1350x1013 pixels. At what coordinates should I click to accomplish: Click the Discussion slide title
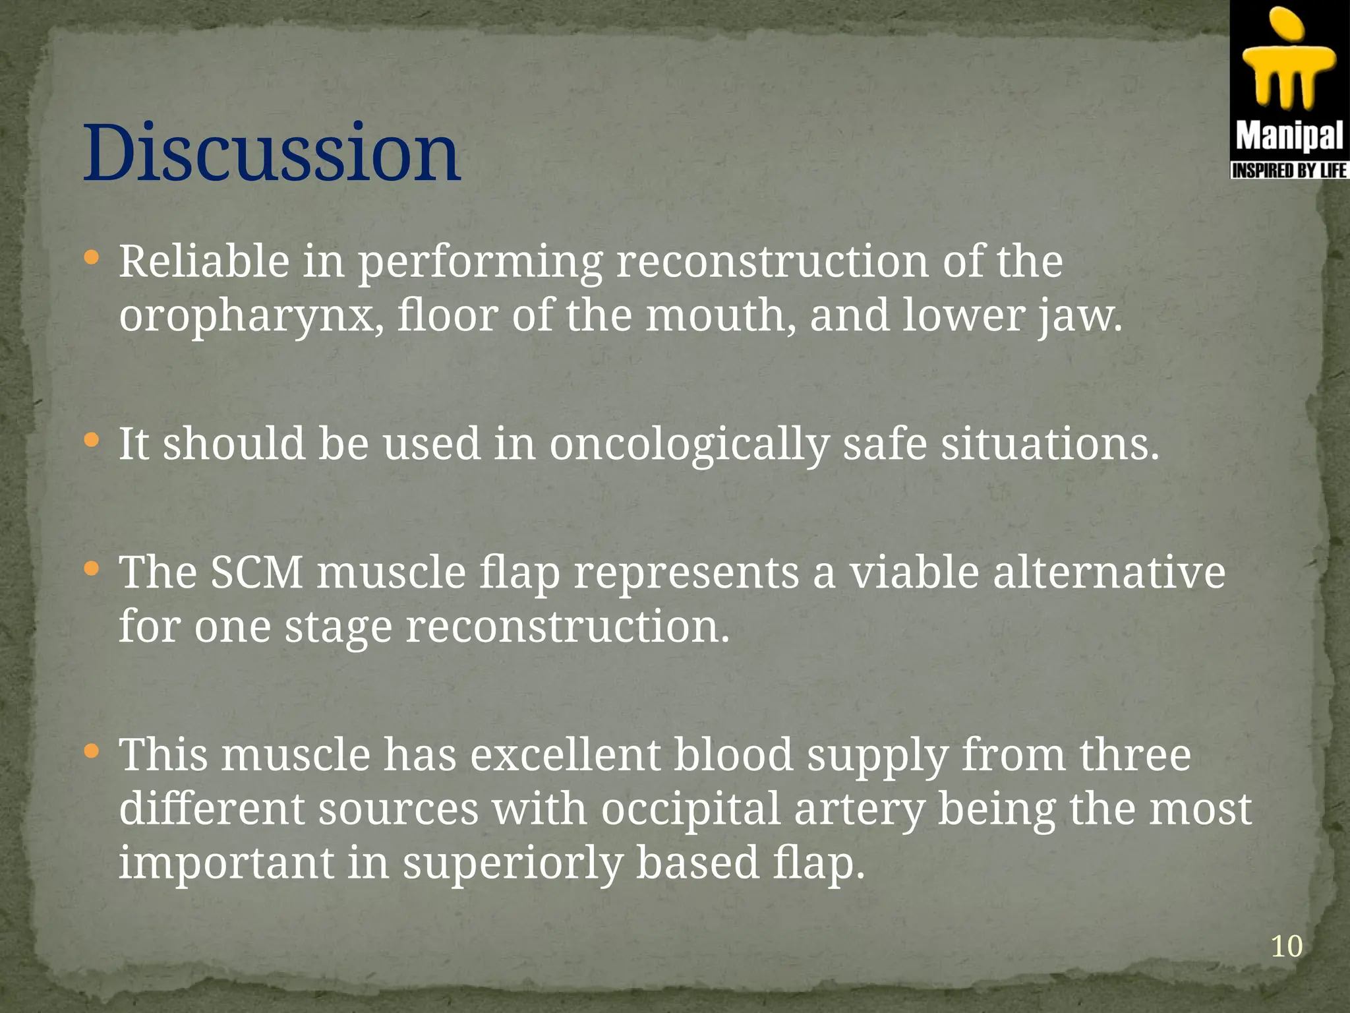tap(271, 153)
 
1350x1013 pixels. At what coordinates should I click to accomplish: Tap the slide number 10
tap(1285, 946)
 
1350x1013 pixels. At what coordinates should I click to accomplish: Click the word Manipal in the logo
tap(1289, 137)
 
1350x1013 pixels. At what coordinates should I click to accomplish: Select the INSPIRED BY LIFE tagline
tap(1289, 171)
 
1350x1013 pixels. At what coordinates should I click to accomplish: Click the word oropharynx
tap(250, 317)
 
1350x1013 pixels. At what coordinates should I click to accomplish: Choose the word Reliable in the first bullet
tap(204, 261)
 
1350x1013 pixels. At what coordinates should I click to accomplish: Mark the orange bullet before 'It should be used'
tap(92, 439)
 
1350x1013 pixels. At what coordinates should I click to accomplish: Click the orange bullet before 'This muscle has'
tap(92, 751)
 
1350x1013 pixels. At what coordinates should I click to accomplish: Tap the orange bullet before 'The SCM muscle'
tap(92, 568)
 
